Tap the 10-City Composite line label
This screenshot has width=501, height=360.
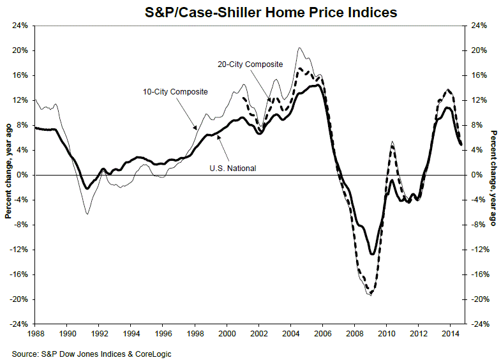point(174,92)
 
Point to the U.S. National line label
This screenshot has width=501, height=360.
point(234,168)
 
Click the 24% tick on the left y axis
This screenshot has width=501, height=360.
point(20,26)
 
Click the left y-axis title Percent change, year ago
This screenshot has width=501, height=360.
point(8,175)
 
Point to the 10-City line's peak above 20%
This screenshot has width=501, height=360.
point(299,48)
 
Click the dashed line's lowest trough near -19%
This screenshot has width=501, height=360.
point(371,294)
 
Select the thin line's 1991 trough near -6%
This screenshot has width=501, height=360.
point(87,213)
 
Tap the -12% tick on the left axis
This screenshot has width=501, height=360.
point(20,250)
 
